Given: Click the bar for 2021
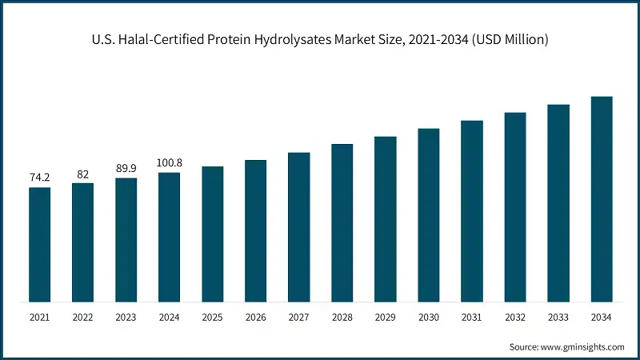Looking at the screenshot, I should click(39, 245).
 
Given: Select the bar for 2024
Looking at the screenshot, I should click(169, 238).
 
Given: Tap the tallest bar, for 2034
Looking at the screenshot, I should click(602, 199).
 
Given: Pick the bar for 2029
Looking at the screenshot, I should click(386, 219).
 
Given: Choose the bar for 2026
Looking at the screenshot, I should click(255, 231).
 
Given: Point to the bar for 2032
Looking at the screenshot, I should click(515, 207).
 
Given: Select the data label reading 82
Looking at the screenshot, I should click(82, 174).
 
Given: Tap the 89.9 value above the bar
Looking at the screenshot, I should click(126, 169).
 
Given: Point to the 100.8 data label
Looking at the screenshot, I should click(169, 162).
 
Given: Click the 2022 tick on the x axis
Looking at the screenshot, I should click(82, 318).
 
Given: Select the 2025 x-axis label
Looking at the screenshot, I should click(212, 318).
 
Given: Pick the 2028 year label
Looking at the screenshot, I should click(342, 318).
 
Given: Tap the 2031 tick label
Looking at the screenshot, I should click(472, 318).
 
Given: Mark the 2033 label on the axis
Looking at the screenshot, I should click(558, 318).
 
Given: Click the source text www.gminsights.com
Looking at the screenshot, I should click(583, 347).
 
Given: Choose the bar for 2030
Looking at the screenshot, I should click(429, 215).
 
